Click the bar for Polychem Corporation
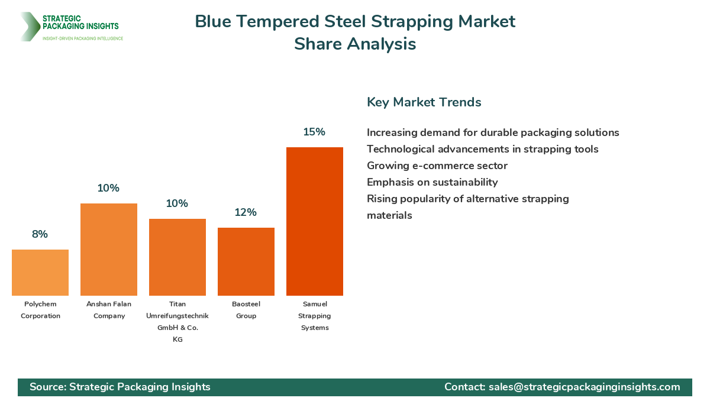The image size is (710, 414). coord(40,273)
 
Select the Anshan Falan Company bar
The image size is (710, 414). coord(109,250)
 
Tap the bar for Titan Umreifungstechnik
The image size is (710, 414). coord(177,257)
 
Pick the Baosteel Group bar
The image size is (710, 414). coord(246,261)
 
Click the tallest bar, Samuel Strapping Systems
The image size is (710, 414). coord(315,221)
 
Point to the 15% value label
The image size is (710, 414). coord(314,132)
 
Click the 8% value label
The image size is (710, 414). coord(40,234)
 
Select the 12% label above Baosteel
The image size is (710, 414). coord(246,212)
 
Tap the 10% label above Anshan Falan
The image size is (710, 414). coord(108,188)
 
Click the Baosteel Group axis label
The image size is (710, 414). coord(246,310)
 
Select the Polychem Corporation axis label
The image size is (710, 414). coord(40,310)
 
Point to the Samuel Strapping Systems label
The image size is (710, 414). coord(315,316)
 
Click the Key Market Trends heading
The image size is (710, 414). coord(424,102)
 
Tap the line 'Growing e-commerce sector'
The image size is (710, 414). coord(437,166)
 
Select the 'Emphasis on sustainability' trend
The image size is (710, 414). coord(432,182)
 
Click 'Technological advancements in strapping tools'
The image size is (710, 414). coord(482,149)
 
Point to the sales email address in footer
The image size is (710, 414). coord(584,387)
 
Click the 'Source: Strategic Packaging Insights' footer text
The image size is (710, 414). coord(120,387)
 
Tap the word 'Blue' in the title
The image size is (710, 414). coord(214,22)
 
